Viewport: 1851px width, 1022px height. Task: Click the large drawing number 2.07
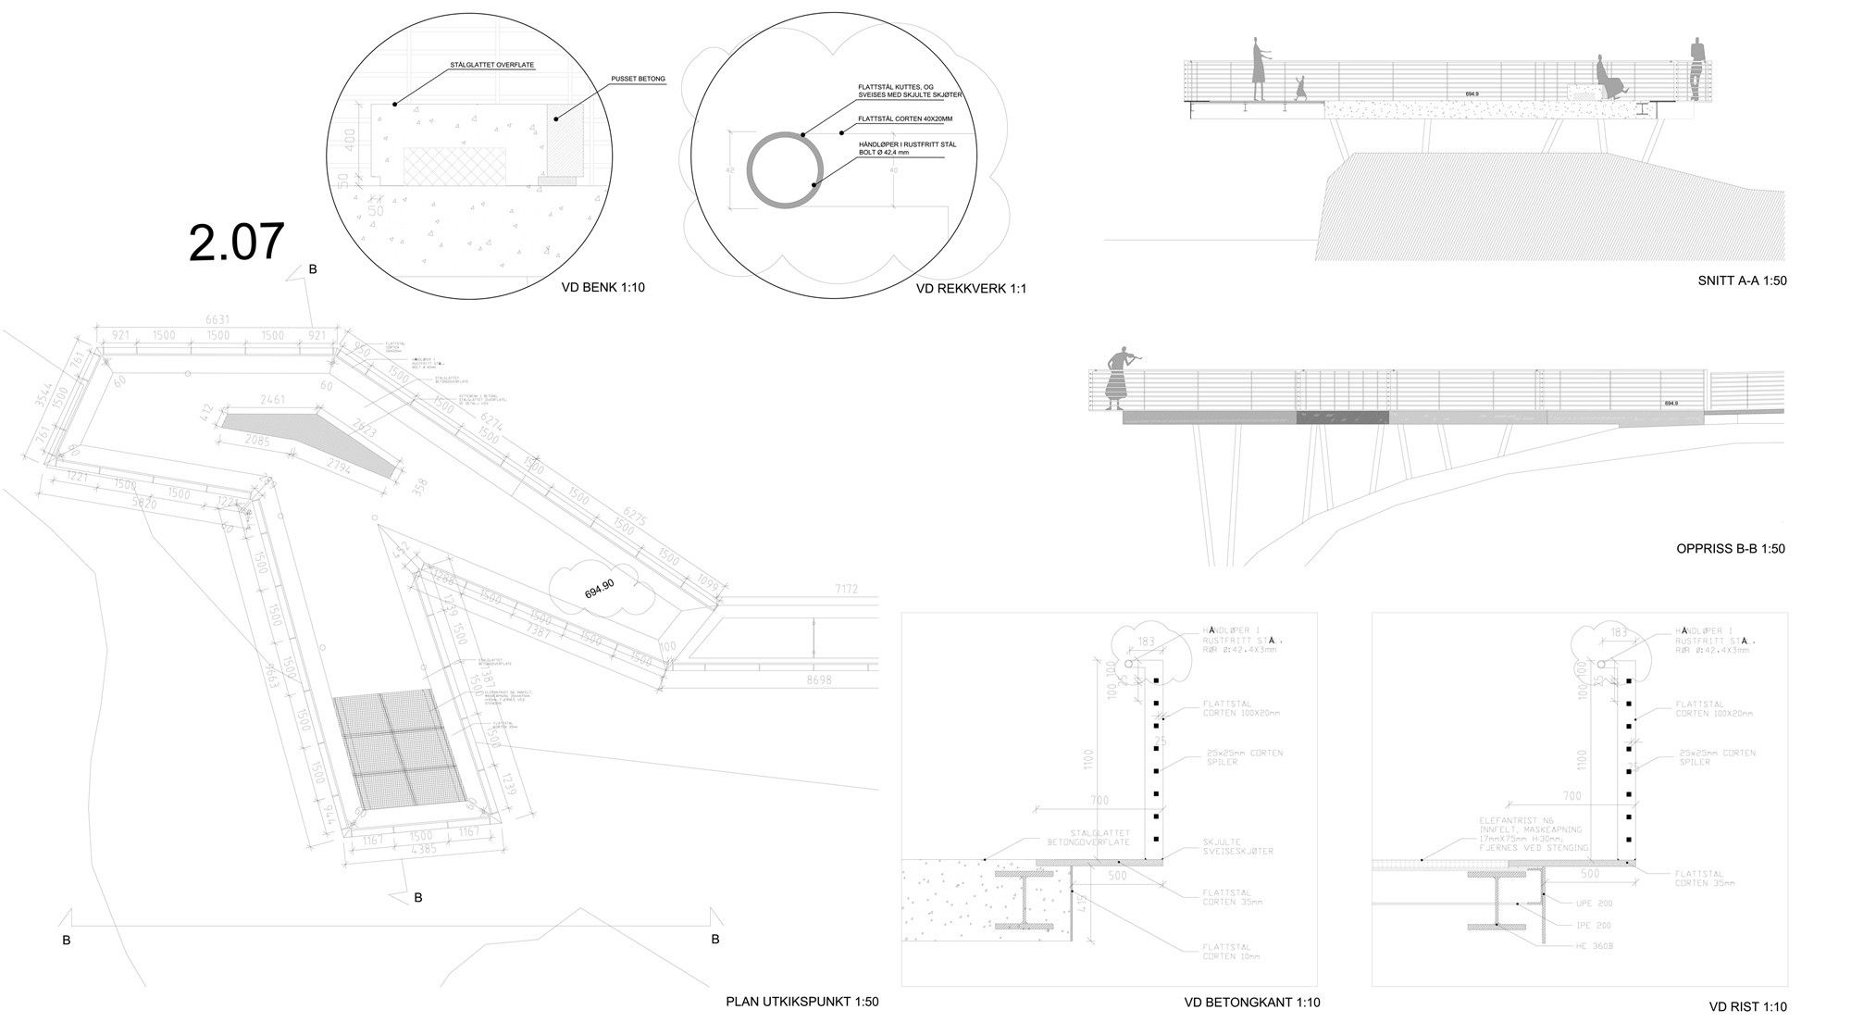click(236, 243)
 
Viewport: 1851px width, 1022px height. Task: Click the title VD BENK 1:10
click(603, 288)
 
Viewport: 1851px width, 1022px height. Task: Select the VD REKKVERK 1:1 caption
click(971, 289)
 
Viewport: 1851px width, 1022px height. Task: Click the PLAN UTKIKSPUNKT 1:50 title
click(802, 1002)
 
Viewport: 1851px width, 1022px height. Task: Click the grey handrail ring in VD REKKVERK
click(786, 175)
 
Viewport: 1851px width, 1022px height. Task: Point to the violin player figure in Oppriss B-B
click(1120, 379)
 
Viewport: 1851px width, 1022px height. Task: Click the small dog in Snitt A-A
click(1301, 89)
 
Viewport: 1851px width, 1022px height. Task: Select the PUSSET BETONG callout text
click(639, 80)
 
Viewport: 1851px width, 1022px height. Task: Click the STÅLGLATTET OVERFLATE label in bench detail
click(491, 66)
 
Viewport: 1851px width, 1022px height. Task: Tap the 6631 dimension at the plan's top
click(218, 320)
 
